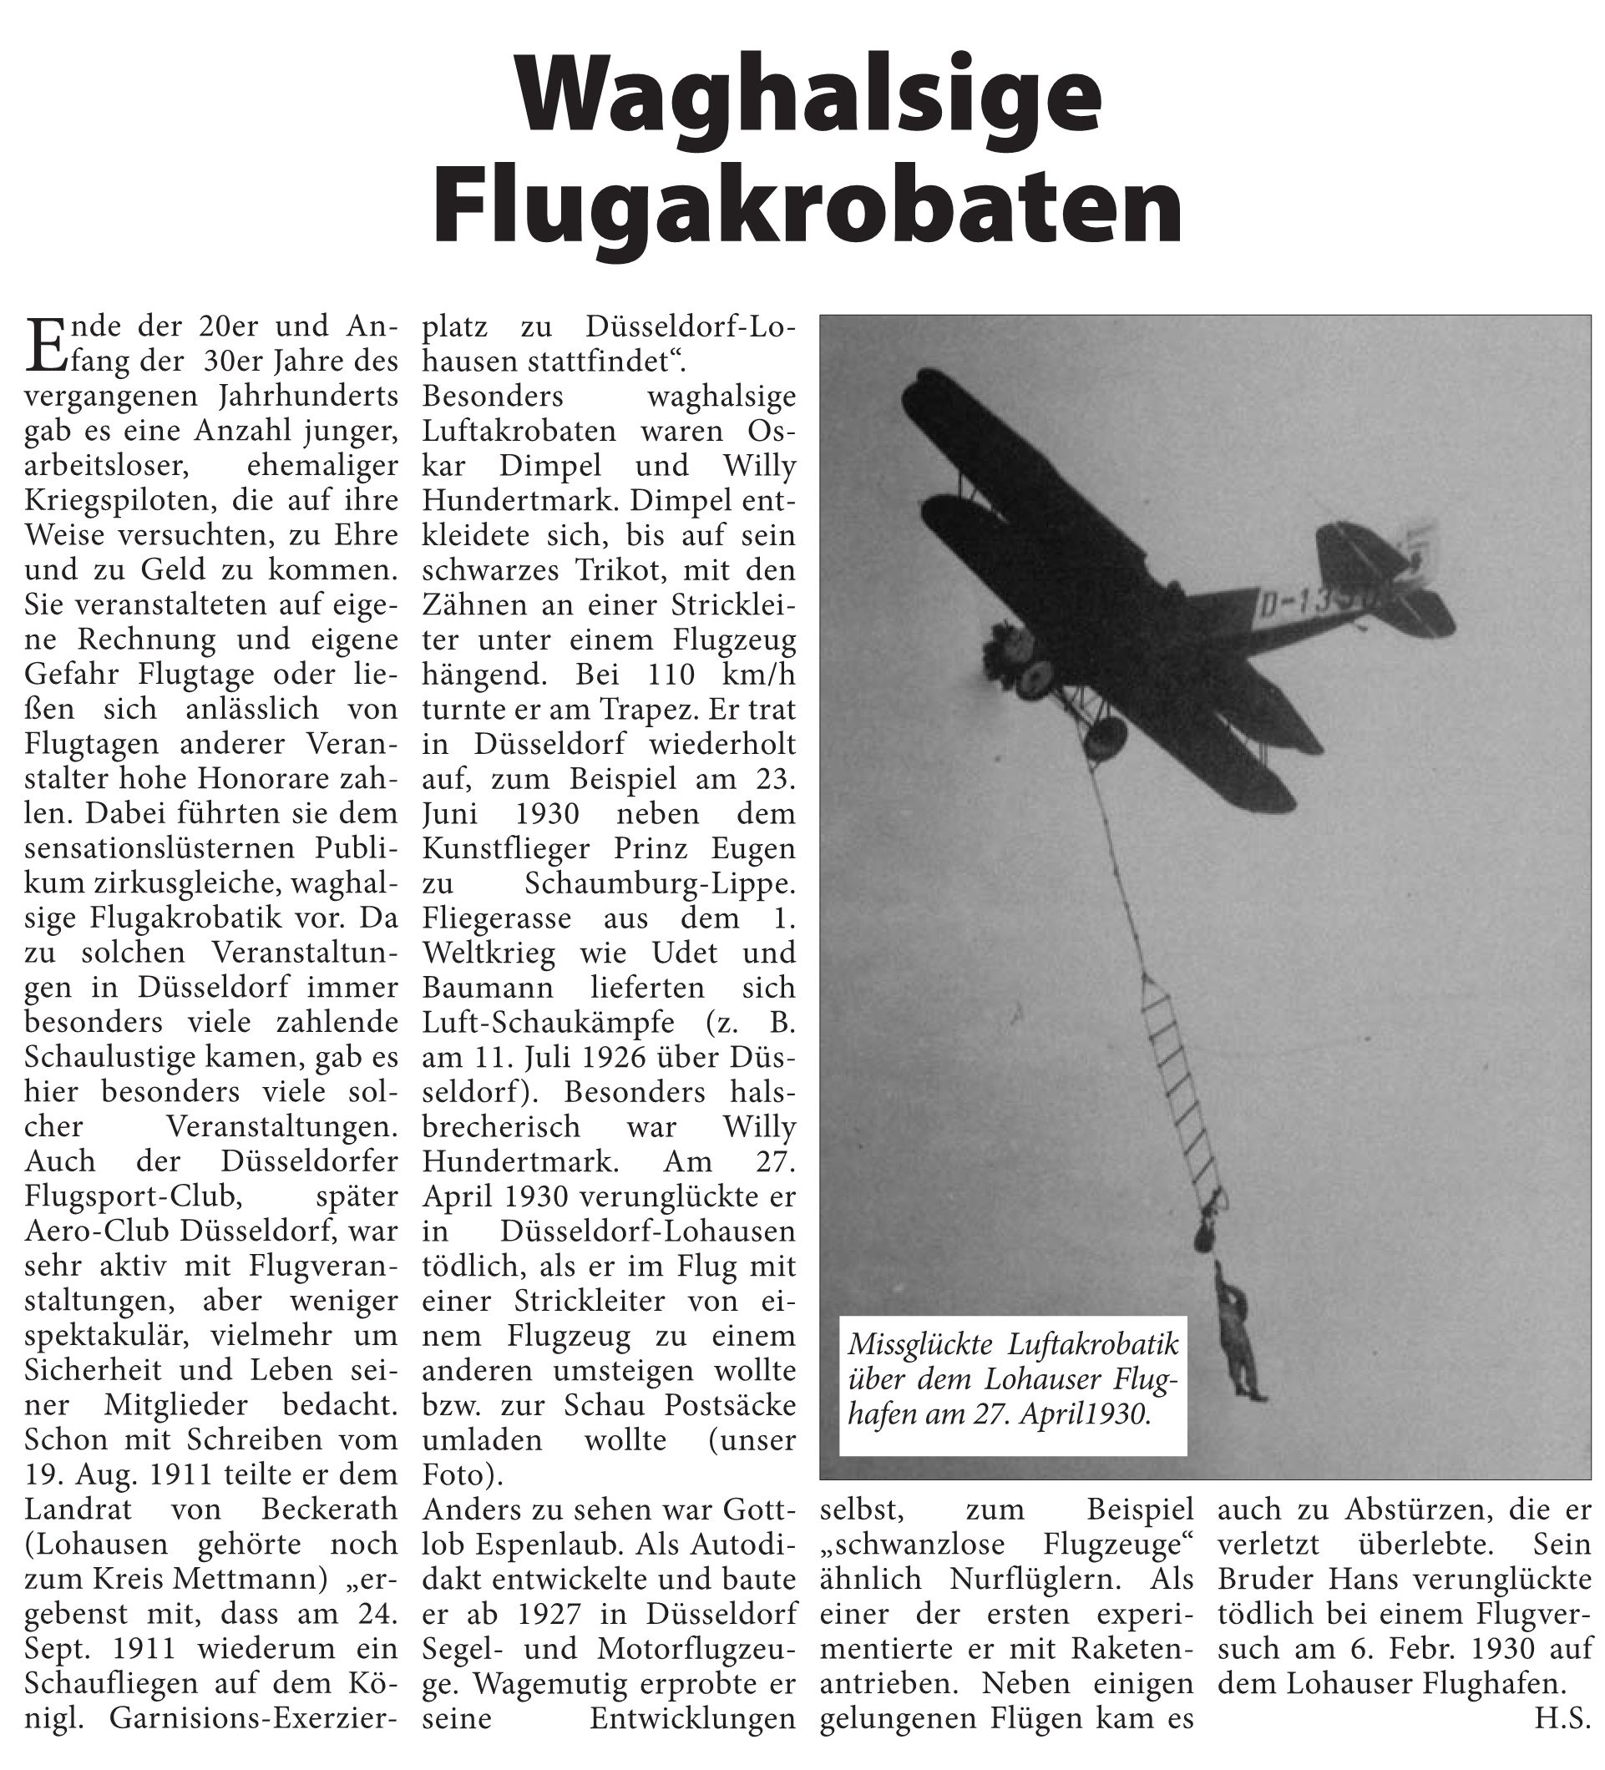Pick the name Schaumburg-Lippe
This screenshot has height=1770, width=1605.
tap(660, 883)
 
